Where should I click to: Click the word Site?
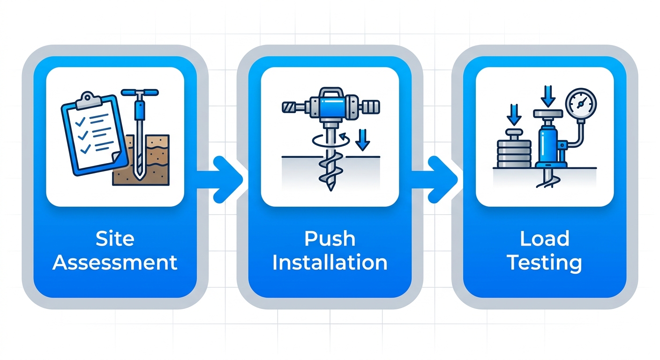tap(114, 239)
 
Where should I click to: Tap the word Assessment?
tap(114, 262)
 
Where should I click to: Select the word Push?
tap(330, 239)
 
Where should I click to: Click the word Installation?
tap(330, 262)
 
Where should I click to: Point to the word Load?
tap(544, 239)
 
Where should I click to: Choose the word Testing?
tap(544, 262)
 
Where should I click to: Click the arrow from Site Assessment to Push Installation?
tap(224, 180)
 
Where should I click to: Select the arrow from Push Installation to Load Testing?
tap(439, 180)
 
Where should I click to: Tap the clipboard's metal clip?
tap(88, 98)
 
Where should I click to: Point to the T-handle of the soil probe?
tap(139, 92)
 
